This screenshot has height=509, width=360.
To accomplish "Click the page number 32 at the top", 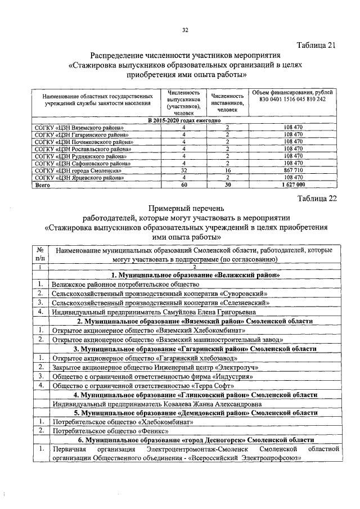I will coord(185,30).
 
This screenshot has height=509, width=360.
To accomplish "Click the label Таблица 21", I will coord(316,46).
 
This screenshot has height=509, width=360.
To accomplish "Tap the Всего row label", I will coord(43,184).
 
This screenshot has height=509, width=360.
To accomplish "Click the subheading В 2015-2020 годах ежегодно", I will coord(183,121).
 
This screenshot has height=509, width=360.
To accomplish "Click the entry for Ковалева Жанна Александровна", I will coord(149,404).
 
